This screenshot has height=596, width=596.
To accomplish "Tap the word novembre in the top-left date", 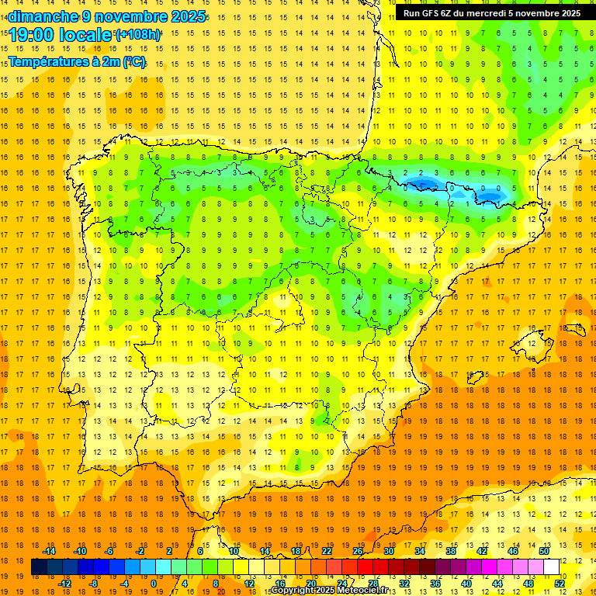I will pos(130,16).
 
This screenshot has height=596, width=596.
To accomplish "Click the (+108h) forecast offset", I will pos(138,35).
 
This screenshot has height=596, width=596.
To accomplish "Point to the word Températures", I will pos(47,61).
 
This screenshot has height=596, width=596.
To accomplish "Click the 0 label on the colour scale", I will pos(154,583).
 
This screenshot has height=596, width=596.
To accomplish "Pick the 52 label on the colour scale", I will pos(560,583).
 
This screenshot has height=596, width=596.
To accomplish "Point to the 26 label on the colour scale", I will pos(358,550).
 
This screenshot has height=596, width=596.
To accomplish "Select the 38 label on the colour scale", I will pos(451,550).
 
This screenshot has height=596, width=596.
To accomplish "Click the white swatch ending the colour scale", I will pos(552,567).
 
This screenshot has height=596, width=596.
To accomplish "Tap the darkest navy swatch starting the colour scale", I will pos(40,567).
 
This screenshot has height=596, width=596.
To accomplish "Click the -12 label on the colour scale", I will pos(65,583).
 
